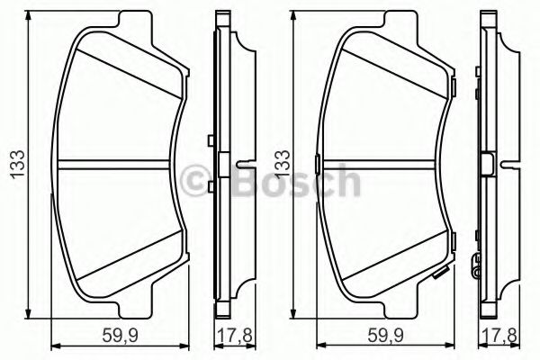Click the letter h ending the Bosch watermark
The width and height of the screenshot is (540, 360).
[x=346, y=183]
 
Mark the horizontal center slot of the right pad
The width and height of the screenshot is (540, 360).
[x=389, y=164]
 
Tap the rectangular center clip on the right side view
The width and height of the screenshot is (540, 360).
[x=489, y=164]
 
